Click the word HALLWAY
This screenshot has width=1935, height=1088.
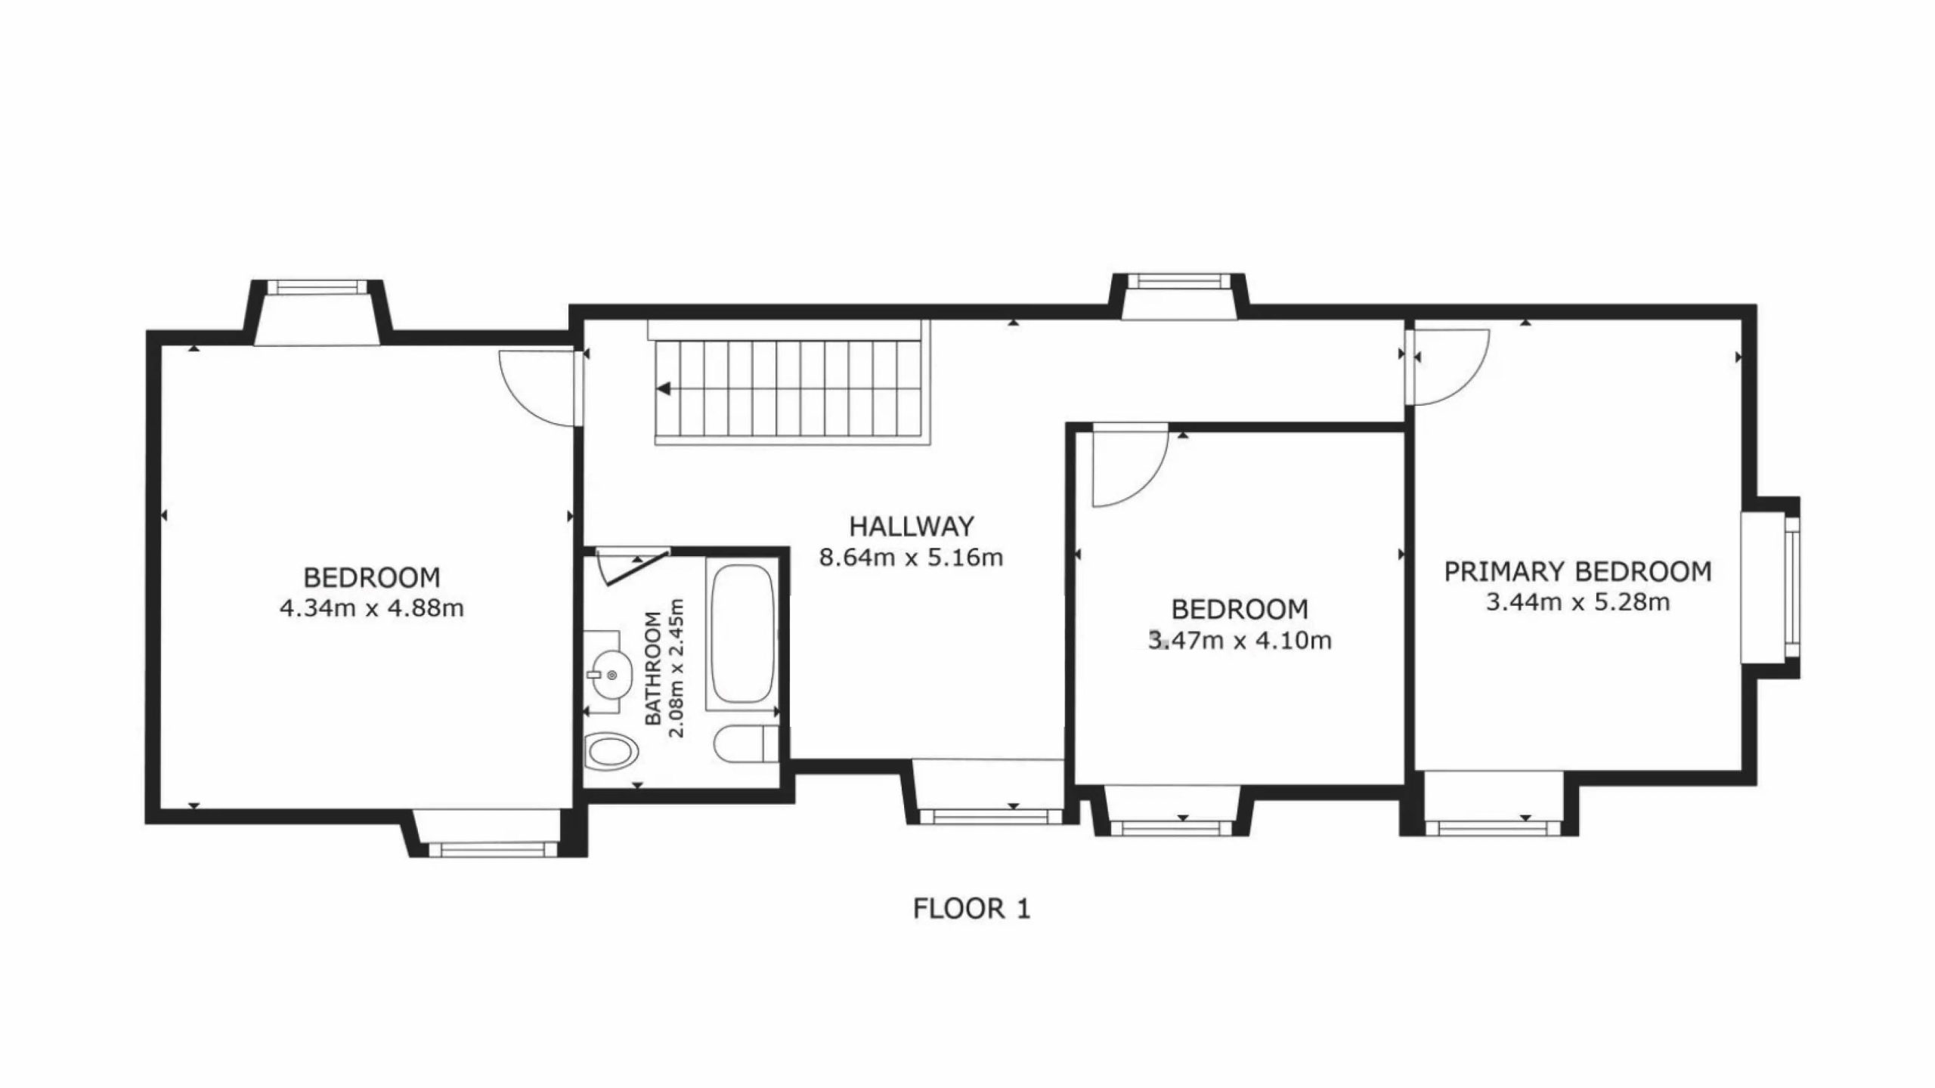coord(912,526)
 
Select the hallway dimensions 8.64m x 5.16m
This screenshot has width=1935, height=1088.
coord(912,558)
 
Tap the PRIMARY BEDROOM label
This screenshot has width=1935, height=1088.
coord(1578,572)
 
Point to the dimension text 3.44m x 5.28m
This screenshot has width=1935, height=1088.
coord(1578,603)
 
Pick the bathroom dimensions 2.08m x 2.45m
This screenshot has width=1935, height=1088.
coord(676,668)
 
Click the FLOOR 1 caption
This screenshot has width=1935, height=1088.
coord(971,908)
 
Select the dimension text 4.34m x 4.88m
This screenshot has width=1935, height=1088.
coord(372,608)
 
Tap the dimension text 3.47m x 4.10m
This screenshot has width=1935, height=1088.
coord(1240,641)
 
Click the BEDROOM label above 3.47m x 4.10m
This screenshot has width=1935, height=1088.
coord(1240,609)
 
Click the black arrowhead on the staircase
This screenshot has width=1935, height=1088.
coord(664,389)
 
